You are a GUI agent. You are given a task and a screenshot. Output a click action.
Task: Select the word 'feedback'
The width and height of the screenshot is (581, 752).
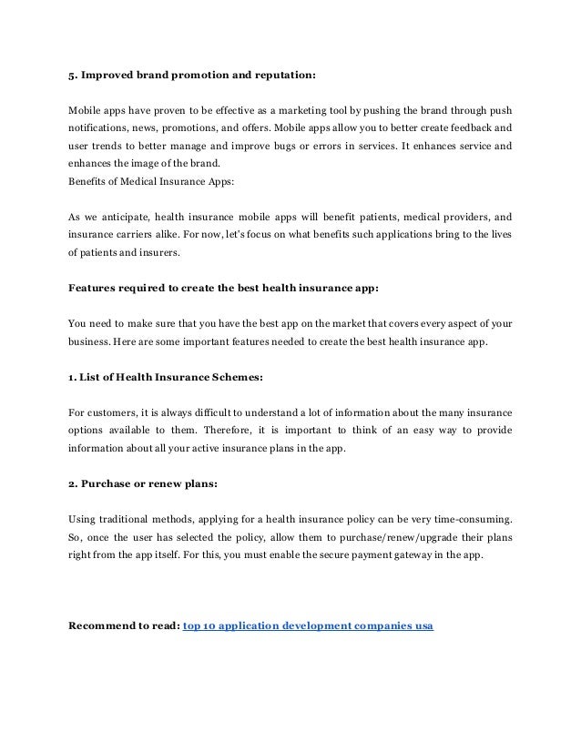coord(464,127)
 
